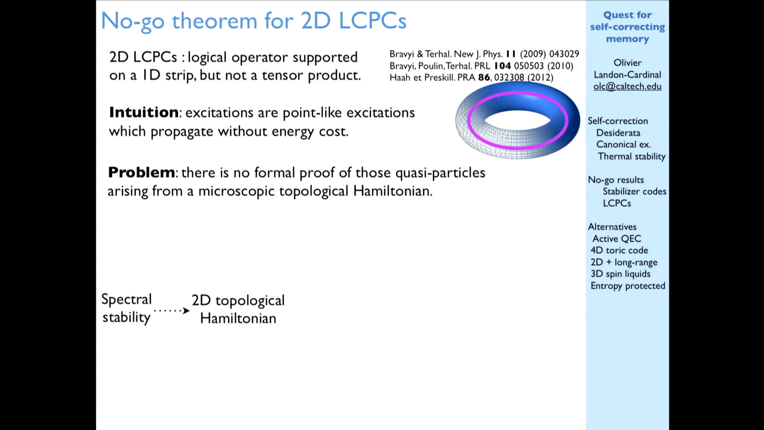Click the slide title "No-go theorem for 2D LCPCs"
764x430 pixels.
point(253,21)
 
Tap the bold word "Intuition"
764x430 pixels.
point(144,113)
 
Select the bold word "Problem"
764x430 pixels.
point(141,172)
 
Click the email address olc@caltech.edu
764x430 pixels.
point(627,87)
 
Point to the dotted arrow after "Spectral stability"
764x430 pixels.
point(172,311)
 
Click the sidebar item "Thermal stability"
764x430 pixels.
point(631,156)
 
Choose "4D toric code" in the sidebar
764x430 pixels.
point(619,250)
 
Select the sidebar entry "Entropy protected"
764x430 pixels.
point(628,286)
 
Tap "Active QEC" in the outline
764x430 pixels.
point(617,238)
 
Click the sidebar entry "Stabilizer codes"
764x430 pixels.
point(634,192)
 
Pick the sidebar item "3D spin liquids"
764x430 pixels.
point(620,274)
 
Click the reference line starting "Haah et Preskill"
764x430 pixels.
point(471,77)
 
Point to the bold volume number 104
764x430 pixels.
point(502,66)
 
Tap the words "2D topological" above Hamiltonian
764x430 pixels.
point(238,301)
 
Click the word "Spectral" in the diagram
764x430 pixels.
point(127,299)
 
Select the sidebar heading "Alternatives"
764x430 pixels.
point(612,227)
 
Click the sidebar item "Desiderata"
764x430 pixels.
point(618,133)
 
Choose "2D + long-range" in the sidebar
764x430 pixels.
point(624,262)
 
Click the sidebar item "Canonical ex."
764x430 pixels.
point(624,145)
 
